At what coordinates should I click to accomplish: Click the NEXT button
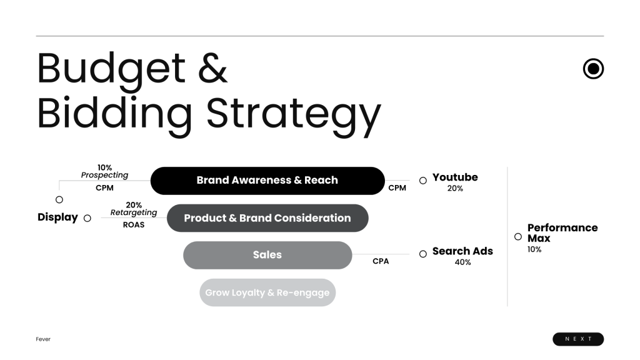[x=578, y=339]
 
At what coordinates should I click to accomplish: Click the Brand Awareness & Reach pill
[x=267, y=181]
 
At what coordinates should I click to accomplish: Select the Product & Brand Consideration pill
[x=267, y=218]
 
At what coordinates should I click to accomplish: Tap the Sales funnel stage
[x=267, y=255]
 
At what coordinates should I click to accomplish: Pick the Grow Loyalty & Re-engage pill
[x=267, y=292]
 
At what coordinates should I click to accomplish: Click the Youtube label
[x=455, y=177]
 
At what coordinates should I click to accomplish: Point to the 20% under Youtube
[x=455, y=188]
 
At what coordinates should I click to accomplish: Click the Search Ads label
[x=462, y=251]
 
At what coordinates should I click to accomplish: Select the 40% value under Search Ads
[x=463, y=262]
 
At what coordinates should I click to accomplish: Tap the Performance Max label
[x=562, y=233]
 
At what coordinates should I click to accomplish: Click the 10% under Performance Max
[x=534, y=249]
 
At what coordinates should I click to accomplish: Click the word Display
[x=57, y=217]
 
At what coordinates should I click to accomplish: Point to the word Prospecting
[x=104, y=175]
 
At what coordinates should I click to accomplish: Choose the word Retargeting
[x=134, y=212]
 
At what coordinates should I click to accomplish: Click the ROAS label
[x=134, y=225]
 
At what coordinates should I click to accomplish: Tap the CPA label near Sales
[x=381, y=261]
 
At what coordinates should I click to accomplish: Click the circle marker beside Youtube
[x=423, y=181]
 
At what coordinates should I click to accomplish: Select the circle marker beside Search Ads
[x=423, y=254]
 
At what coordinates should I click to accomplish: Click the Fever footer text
[x=43, y=339]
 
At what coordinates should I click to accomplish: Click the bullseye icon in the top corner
[x=594, y=69]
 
